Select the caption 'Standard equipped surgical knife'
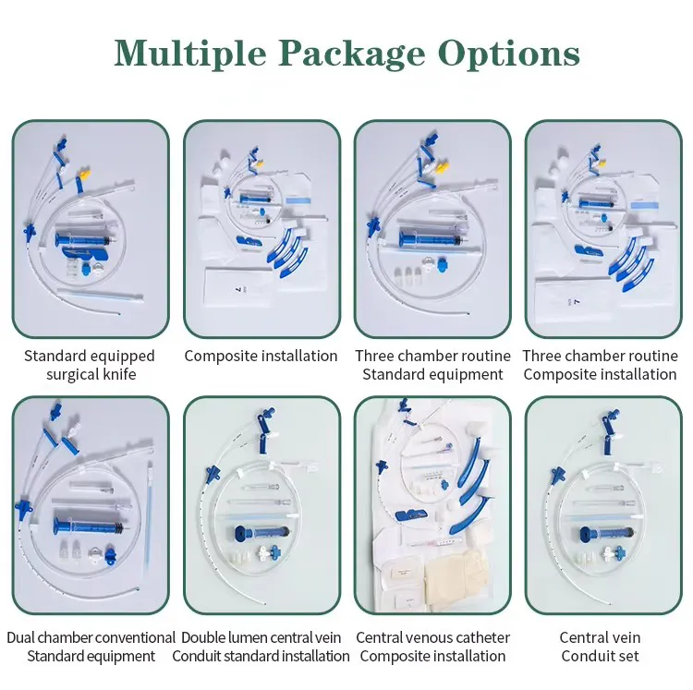pyautogui.click(x=90, y=365)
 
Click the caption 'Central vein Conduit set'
pyautogui.click(x=600, y=647)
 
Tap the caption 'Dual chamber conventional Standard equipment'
pyautogui.click(x=91, y=647)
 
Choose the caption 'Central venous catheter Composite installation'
pyautogui.click(x=432, y=647)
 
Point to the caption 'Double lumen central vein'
pyautogui.click(x=261, y=637)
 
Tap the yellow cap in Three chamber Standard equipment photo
pyautogui.click(x=440, y=169)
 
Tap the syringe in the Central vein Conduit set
pyautogui.click(x=602, y=534)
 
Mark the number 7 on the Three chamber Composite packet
pyautogui.click(x=577, y=302)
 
